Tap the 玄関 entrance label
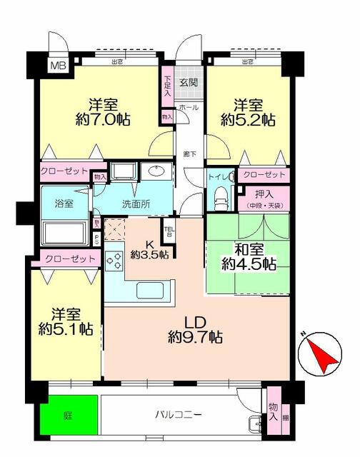pos(188,82)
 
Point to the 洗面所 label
pos(135,204)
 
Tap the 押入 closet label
pos(264,192)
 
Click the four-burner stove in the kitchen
pos(114,261)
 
